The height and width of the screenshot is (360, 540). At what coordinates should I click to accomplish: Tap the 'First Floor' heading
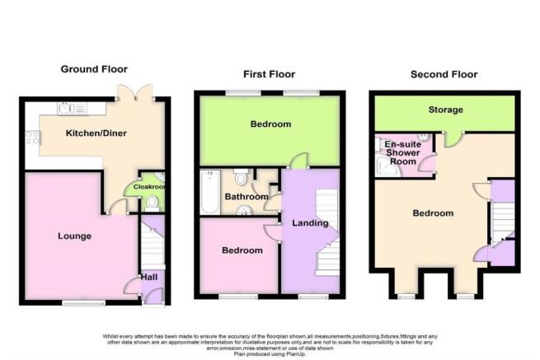click(x=270, y=74)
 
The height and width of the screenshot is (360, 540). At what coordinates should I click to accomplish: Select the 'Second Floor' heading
click(x=444, y=74)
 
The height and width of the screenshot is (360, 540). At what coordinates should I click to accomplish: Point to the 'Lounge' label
click(x=74, y=236)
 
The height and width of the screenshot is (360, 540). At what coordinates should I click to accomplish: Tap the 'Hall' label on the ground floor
click(x=148, y=278)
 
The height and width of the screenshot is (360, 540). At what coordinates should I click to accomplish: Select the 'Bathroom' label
click(x=249, y=198)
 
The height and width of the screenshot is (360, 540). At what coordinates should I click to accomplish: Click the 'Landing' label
click(x=310, y=222)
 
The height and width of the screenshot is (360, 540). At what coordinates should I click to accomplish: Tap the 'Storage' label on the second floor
click(x=445, y=110)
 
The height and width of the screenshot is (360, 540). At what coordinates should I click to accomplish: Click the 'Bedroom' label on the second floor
click(x=433, y=213)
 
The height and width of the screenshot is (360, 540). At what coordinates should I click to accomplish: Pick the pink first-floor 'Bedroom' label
click(x=242, y=250)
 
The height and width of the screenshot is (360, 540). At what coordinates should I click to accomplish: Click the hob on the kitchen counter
click(x=33, y=138)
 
